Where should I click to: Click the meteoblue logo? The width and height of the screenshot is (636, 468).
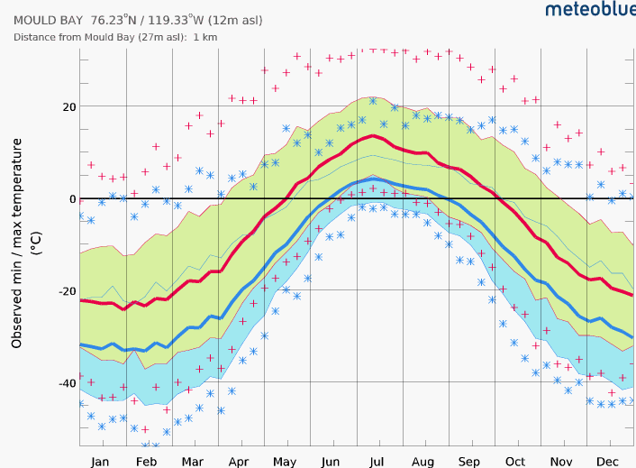pos(589,10)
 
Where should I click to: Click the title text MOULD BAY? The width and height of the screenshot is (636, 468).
pos(48,20)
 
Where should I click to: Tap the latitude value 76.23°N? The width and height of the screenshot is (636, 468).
pos(119,20)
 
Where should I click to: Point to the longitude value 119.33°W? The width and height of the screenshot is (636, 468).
pos(188,20)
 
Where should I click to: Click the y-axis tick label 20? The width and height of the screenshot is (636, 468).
pos(68,106)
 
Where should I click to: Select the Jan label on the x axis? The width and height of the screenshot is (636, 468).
pos(99,461)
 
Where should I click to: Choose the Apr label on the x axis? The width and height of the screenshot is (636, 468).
pos(238,461)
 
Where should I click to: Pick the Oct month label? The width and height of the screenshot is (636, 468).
pos(514,461)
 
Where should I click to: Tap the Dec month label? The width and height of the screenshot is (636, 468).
pos(608,461)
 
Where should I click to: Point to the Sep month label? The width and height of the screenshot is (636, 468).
pos(468,461)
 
